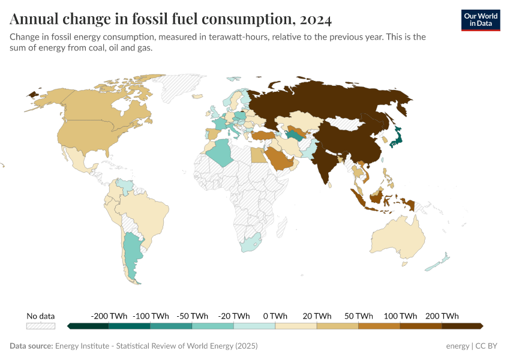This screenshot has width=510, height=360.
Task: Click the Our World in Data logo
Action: coord(480,20)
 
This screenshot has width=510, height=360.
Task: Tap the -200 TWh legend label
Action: coord(109,316)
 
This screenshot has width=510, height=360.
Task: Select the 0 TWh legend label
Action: coord(275,316)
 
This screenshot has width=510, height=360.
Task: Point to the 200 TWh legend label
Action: coord(442,316)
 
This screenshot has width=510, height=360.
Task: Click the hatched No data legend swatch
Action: coord(40,326)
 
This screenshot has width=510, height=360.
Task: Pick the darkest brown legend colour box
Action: coord(461,326)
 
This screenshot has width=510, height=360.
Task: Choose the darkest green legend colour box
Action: coord(89,326)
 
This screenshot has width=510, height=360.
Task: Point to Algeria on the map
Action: coord(223,151)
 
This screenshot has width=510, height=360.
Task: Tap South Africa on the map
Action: coord(250,243)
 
